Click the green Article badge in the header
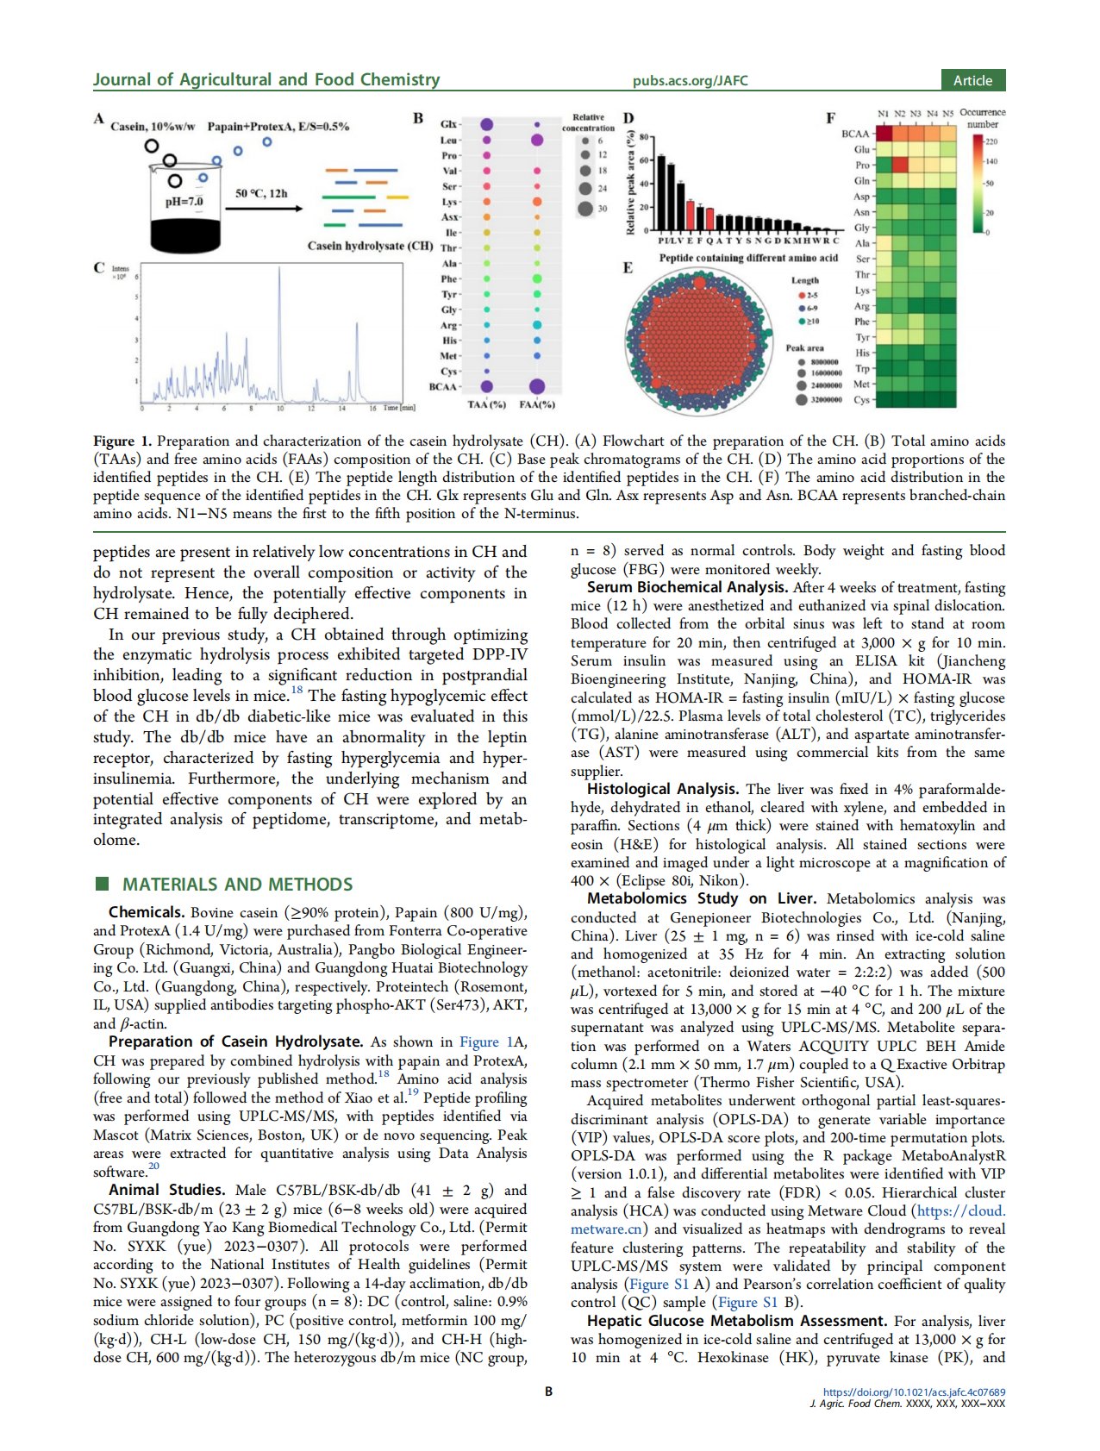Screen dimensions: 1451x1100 tap(972, 80)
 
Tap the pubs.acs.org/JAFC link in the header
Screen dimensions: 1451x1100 tap(690, 81)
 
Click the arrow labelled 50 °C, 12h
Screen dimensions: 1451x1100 tap(267, 208)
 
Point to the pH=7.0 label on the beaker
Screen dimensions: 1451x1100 tap(184, 202)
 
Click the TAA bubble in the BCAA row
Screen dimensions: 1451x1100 tap(487, 386)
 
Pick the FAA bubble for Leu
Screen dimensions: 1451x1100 tap(537, 140)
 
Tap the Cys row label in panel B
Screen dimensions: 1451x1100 tap(449, 372)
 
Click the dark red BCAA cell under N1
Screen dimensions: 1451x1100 tap(884, 134)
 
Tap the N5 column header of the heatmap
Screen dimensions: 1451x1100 tap(948, 113)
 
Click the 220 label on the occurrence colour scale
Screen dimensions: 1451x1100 tap(991, 141)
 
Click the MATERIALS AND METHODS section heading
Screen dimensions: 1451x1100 tap(237, 885)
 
